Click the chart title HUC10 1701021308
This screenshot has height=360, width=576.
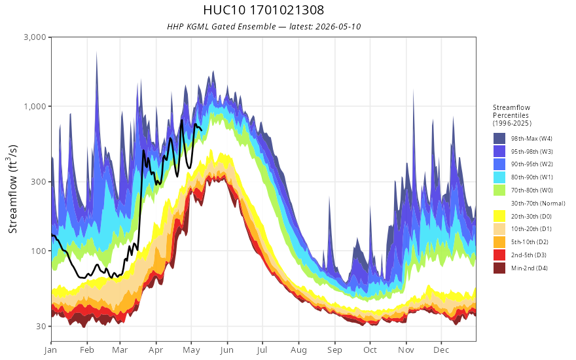tap(263, 10)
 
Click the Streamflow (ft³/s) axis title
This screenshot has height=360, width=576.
tap(13, 189)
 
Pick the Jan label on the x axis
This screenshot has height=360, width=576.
tap(50, 350)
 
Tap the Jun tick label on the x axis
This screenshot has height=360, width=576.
tap(226, 350)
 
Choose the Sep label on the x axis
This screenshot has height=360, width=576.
tap(334, 350)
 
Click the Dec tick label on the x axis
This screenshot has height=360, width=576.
tap(441, 350)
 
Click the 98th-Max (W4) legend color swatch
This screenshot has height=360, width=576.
tap(499, 139)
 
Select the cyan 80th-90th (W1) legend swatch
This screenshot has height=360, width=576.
tap(499, 177)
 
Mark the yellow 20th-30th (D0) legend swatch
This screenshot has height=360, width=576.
tap(499, 217)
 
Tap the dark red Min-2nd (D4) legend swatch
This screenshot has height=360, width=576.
tap(499, 268)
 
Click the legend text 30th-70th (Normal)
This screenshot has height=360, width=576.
tap(538, 204)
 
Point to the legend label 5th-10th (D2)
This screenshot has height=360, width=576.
tap(530, 242)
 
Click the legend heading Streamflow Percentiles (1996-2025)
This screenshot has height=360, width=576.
tap(512, 115)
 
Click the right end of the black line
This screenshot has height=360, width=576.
tap(202, 130)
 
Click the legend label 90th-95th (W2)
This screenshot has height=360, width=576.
tap(532, 164)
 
